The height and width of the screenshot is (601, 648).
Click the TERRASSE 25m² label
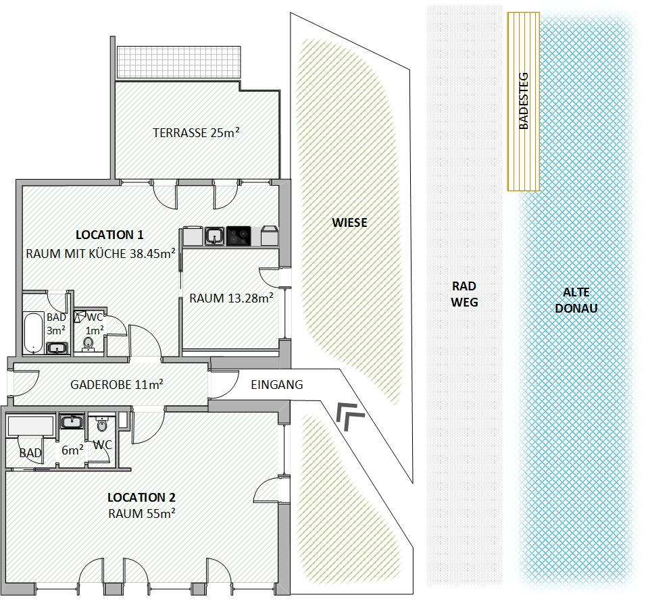tap(196, 132)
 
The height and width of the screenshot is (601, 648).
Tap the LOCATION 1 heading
tap(109, 235)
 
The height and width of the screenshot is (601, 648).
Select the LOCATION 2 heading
tap(141, 497)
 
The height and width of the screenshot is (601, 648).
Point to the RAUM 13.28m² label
tap(231, 298)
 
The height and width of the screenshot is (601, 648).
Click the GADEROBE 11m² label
tap(116, 384)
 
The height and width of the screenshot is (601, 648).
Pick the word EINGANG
tap(277, 385)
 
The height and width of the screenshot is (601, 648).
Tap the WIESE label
tap(349, 223)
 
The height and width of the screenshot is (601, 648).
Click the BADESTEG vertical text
tap(523, 101)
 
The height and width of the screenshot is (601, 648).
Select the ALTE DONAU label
tap(576, 300)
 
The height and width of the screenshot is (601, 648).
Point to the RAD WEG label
tap(464, 294)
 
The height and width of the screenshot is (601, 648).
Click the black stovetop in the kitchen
tap(239, 236)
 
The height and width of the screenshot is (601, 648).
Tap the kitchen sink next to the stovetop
tap(214, 236)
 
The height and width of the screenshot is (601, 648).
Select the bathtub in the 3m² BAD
tap(33, 333)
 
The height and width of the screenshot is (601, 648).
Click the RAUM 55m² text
tap(142, 513)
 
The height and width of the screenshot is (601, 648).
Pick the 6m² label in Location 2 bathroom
tap(72, 450)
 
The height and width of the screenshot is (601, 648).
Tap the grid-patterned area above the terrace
tap(178, 62)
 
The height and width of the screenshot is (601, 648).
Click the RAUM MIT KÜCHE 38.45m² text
tap(101, 253)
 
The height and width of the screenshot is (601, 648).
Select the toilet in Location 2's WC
tap(101, 423)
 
